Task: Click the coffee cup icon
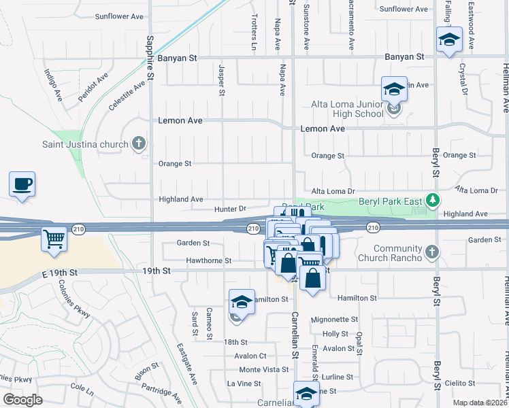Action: point(22,184)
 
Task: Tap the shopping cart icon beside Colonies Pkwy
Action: point(54,239)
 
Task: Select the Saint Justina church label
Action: point(84,144)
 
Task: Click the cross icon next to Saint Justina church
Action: point(139,143)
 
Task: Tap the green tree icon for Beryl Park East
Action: point(431,200)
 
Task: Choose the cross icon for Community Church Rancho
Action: point(430,253)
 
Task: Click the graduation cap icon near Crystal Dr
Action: point(449,39)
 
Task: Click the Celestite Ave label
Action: point(127,95)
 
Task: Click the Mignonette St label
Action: point(333,319)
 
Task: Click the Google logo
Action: point(23,399)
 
